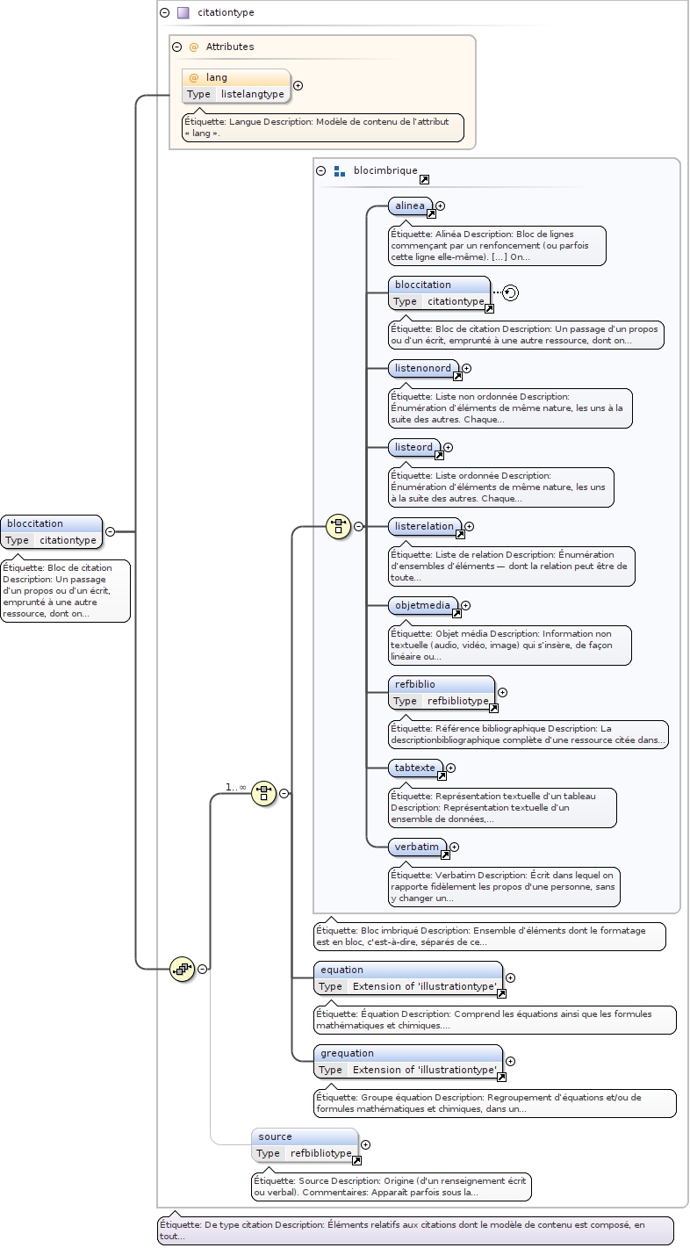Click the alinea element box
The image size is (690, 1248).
(x=410, y=206)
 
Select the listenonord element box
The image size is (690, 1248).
(x=423, y=369)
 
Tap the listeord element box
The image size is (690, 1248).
(x=413, y=448)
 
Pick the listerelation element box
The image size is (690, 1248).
(x=424, y=527)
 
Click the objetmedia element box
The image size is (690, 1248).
(x=422, y=605)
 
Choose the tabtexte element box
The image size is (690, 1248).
(x=415, y=768)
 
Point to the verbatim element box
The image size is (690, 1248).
(x=417, y=847)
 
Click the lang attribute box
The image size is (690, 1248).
(x=235, y=85)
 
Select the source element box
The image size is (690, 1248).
(x=304, y=1144)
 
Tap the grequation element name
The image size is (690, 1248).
(x=347, y=1053)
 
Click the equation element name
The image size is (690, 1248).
(x=341, y=970)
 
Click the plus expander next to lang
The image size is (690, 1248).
(x=298, y=85)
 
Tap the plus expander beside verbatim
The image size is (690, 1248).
(x=454, y=847)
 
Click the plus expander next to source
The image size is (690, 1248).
(x=366, y=1144)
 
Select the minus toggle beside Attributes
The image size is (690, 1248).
(x=177, y=47)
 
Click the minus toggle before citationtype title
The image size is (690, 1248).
(x=164, y=13)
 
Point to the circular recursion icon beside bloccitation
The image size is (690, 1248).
(x=511, y=292)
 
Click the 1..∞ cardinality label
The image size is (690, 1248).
(x=235, y=787)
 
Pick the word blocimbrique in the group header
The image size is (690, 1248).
(x=385, y=171)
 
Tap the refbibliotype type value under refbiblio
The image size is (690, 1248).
(x=457, y=701)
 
